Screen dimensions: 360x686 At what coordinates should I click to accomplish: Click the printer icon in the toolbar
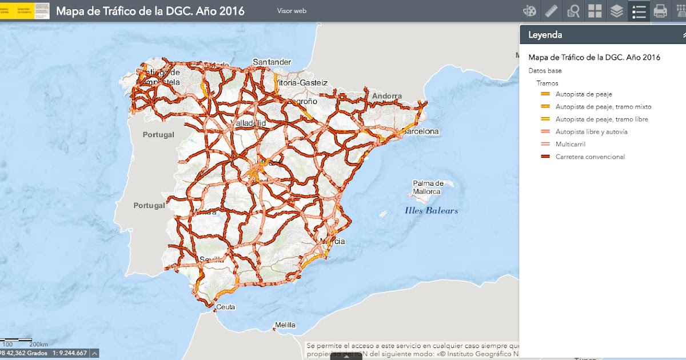pyautogui.click(x=660, y=11)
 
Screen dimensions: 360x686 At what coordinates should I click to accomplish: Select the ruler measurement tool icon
pyautogui.click(x=552, y=11)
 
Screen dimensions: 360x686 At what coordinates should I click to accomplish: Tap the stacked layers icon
pyautogui.click(x=616, y=11)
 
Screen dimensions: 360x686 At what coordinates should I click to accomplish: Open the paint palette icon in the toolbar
pyautogui.click(x=530, y=11)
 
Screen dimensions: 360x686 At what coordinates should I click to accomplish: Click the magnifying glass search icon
pyautogui.click(x=573, y=11)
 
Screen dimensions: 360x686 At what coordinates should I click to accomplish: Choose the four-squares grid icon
pyautogui.click(x=595, y=11)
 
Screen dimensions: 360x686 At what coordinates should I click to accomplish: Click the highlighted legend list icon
pyautogui.click(x=639, y=11)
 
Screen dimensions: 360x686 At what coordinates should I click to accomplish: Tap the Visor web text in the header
pyautogui.click(x=292, y=11)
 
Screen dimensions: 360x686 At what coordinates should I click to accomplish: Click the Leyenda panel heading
pyautogui.click(x=545, y=35)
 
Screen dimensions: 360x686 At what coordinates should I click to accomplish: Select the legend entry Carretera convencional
pyautogui.click(x=590, y=157)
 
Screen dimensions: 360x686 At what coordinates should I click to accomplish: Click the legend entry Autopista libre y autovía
pyautogui.click(x=591, y=131)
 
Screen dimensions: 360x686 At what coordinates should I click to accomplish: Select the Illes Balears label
pyautogui.click(x=431, y=210)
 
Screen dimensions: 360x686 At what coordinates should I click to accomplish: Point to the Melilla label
pyautogui.click(x=285, y=325)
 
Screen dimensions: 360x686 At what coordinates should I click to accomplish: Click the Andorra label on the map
pyautogui.click(x=387, y=96)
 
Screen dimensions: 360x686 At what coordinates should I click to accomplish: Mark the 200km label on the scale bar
pyautogui.click(x=38, y=345)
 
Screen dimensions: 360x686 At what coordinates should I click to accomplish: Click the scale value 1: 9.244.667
pyautogui.click(x=70, y=353)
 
